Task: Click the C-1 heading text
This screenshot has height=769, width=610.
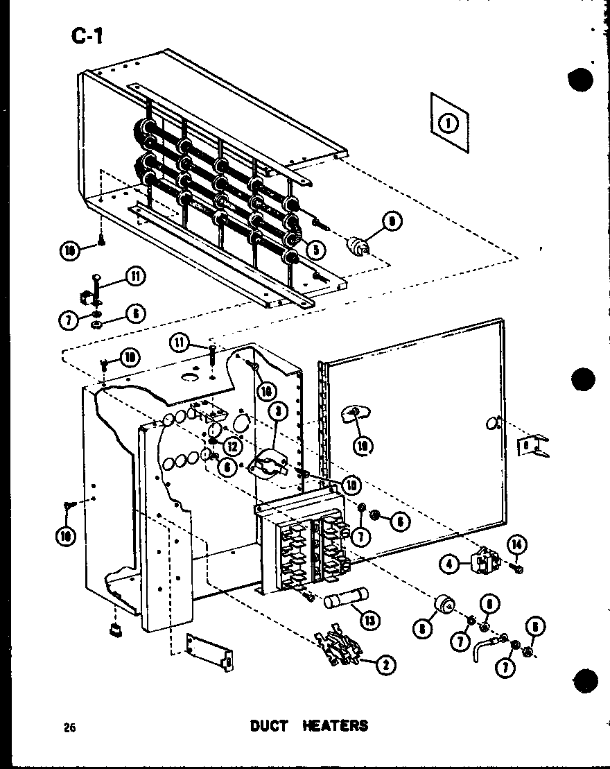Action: (x=87, y=34)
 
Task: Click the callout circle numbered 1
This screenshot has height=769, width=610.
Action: (x=448, y=124)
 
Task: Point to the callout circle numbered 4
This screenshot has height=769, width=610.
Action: (x=449, y=565)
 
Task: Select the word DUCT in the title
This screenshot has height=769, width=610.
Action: (x=269, y=726)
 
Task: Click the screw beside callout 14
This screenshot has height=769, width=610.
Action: (x=516, y=568)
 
